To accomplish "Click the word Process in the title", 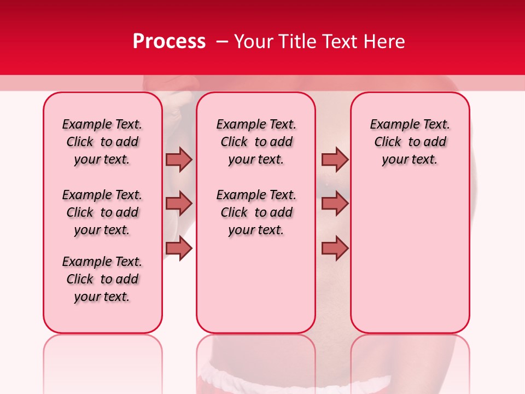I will [x=169, y=42].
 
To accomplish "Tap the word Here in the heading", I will [x=384, y=42].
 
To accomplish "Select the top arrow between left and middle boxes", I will [x=179, y=159].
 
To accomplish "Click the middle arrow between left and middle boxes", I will [x=179, y=204].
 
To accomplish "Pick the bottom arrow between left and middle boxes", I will [x=179, y=248].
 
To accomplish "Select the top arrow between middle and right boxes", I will [x=335, y=159].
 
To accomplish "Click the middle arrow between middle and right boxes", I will [x=335, y=204].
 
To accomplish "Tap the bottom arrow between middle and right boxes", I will [x=335, y=248].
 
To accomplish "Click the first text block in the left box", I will [x=102, y=142].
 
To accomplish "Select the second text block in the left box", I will [x=102, y=212].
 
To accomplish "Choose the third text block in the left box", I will [x=102, y=279].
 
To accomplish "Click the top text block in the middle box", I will [x=256, y=142].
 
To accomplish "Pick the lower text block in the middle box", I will [x=256, y=212].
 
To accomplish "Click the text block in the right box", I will [x=410, y=142].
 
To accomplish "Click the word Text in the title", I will [x=340, y=42].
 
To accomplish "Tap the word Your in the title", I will [x=254, y=42].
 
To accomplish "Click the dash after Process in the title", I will [x=221, y=42].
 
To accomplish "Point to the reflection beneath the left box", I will [x=103, y=361].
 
